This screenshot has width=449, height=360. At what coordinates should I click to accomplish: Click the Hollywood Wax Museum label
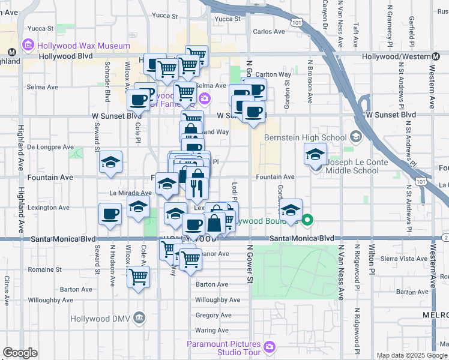click(83, 46)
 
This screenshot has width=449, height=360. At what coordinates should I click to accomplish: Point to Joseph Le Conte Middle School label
click(352, 166)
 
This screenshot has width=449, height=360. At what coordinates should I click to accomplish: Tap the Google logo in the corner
click(20, 353)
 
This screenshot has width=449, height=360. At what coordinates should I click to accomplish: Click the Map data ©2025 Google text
click(411, 355)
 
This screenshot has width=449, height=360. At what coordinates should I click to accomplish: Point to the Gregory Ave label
click(213, 315)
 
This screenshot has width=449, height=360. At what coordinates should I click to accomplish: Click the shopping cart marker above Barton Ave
click(139, 277)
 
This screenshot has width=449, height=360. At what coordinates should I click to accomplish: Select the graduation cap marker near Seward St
click(110, 162)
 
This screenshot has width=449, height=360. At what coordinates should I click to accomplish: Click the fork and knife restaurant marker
click(197, 188)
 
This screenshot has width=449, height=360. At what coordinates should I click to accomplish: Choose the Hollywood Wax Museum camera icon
click(27, 45)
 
